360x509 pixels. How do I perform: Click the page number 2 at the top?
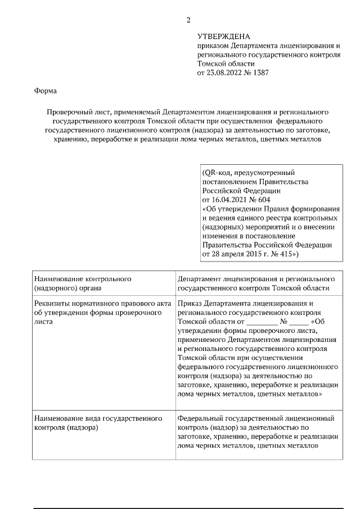188,21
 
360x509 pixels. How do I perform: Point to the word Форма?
45,90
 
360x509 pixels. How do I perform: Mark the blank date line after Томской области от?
262,322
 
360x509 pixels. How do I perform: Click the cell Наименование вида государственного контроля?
98,423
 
